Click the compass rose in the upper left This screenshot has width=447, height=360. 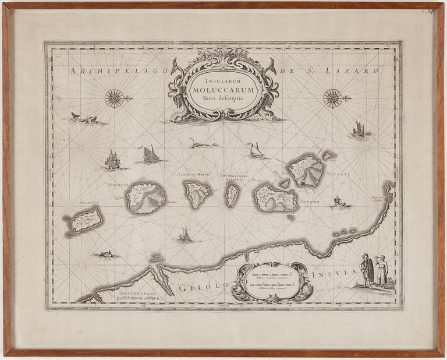(x=115, y=98)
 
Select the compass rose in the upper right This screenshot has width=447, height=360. (x=333, y=98)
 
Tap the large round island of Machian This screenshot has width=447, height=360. (x=146, y=197)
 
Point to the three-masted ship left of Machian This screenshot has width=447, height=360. (x=112, y=160)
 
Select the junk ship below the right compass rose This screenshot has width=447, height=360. (x=359, y=130)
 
